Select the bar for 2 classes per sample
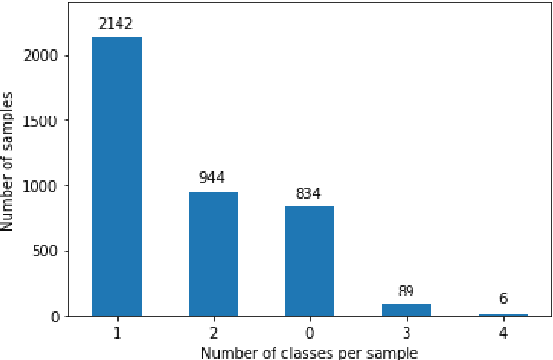(x=213, y=254)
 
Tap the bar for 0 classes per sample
(x=309, y=261)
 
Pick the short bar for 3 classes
(x=406, y=310)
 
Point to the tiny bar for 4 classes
(x=502, y=315)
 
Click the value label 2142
(x=117, y=23)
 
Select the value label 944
(x=213, y=178)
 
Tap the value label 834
(x=309, y=193)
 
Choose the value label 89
(x=406, y=290)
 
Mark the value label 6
(x=502, y=300)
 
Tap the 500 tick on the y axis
(x=52, y=251)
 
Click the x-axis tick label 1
(x=117, y=333)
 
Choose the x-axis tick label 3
(x=406, y=333)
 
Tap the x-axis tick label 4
(x=502, y=333)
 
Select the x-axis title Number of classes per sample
(x=309, y=352)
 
